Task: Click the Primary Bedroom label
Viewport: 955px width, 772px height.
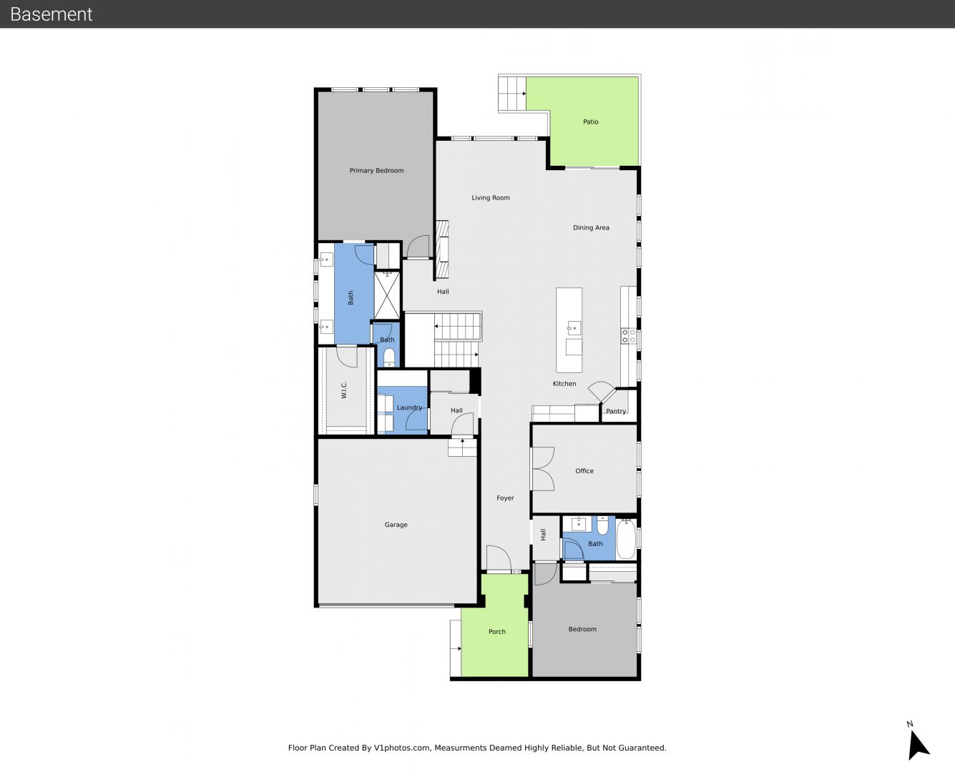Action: pos(376,170)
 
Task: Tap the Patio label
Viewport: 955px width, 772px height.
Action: pos(590,122)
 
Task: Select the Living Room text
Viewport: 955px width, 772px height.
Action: pos(491,197)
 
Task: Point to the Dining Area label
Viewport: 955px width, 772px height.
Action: pos(591,227)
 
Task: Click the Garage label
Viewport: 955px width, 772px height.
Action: pos(396,525)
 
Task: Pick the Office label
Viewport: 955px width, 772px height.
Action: pos(584,471)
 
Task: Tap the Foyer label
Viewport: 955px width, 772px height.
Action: pos(505,498)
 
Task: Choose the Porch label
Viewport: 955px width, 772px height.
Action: pos(496,631)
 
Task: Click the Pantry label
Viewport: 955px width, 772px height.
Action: pos(616,411)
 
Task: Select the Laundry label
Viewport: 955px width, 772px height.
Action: pos(409,407)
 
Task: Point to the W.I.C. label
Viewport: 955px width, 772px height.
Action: pos(344,390)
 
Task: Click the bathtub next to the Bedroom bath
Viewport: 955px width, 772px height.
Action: pos(626,539)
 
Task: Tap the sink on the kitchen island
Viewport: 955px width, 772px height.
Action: pos(574,328)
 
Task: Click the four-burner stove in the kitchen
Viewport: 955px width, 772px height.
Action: pos(628,336)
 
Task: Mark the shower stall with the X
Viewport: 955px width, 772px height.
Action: pos(387,295)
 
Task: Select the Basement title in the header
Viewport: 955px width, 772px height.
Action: pos(51,14)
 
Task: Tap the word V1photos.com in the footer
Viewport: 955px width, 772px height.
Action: pos(402,748)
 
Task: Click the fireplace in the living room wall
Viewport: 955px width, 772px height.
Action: pos(442,249)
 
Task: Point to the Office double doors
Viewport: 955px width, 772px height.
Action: pos(542,469)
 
